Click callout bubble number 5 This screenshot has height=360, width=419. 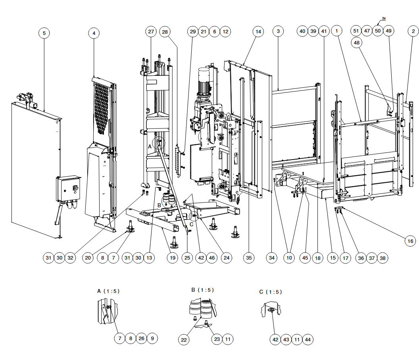pyautogui.click(x=44, y=33)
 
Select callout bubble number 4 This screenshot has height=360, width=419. pyautogui.click(x=94, y=33)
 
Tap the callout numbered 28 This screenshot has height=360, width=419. pyautogui.click(x=165, y=32)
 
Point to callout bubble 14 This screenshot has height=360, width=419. pyautogui.click(x=258, y=31)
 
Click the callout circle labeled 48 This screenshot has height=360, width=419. pyautogui.click(x=356, y=42)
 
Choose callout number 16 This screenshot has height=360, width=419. pyautogui.click(x=410, y=241)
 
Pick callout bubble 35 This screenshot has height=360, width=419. pyautogui.click(x=249, y=258)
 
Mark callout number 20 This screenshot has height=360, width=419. pyautogui.click(x=88, y=258)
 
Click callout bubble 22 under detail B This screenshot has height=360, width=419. pyautogui.click(x=184, y=340)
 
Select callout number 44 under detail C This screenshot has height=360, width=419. pyautogui.click(x=308, y=340)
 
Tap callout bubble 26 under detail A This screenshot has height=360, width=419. pyautogui.click(x=141, y=338)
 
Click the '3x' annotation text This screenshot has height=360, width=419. pyautogui.click(x=384, y=18)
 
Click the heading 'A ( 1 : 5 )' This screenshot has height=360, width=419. pyautogui.click(x=108, y=291)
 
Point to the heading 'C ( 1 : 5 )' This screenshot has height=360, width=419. pyautogui.click(x=271, y=292)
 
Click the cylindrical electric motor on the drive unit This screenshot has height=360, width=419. pyautogui.click(x=204, y=80)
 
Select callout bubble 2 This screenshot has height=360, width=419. pyautogui.click(x=413, y=31)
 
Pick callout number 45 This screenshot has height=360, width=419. pyautogui.click(x=305, y=258)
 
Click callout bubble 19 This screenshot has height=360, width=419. pyautogui.click(x=173, y=258)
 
